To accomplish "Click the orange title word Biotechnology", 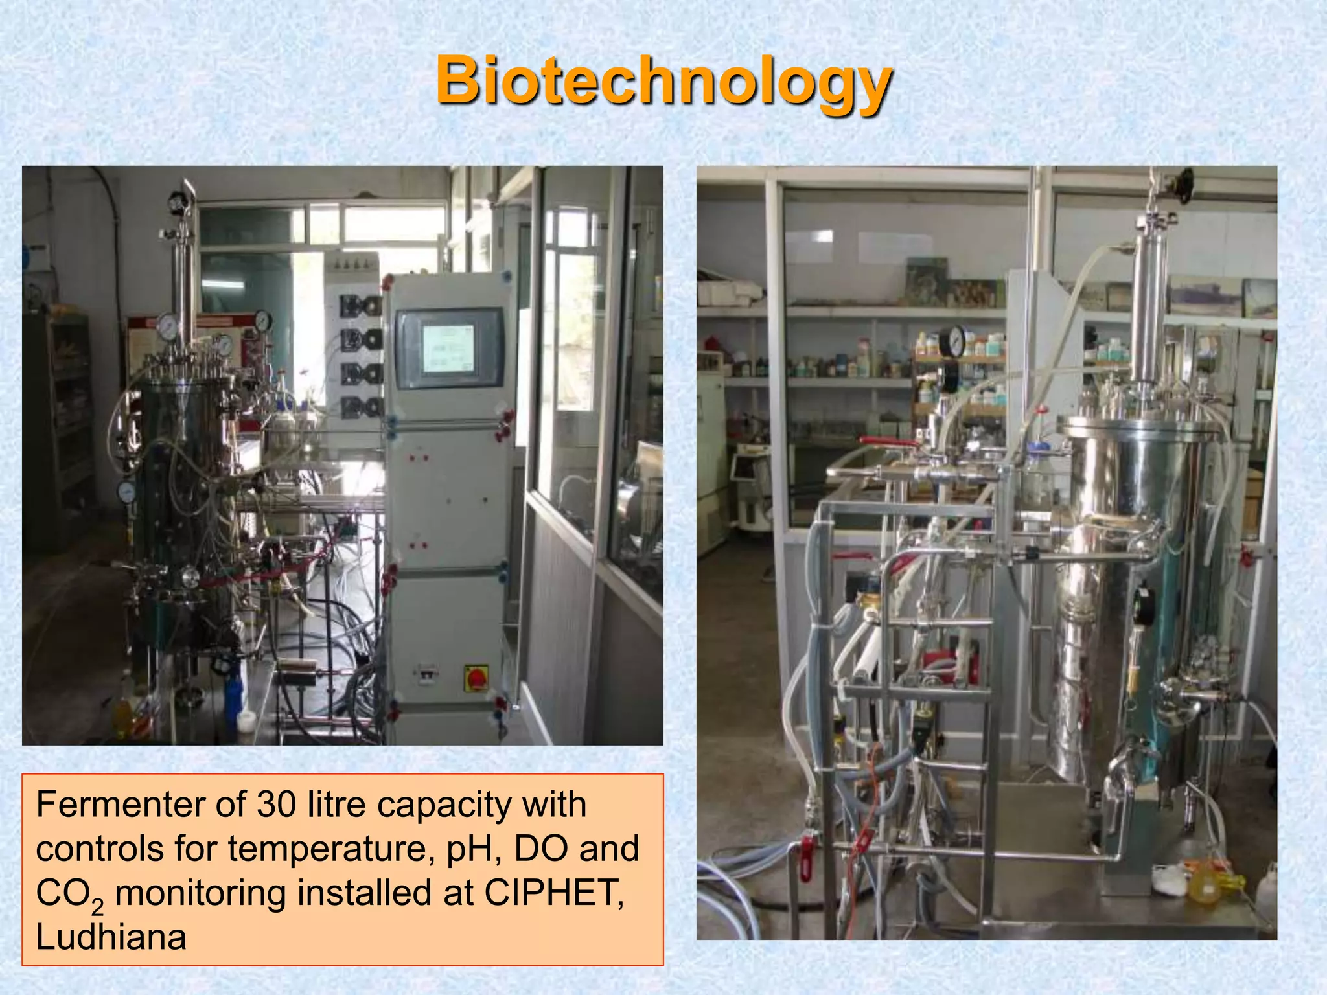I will click(663, 81).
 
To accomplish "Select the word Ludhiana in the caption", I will click(111, 937).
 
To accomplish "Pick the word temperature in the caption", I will click(330, 849).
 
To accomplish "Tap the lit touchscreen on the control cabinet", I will click(448, 349).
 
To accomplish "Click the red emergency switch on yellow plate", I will click(477, 678).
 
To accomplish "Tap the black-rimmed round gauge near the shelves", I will click(952, 341).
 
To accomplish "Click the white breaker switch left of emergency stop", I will click(425, 674).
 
